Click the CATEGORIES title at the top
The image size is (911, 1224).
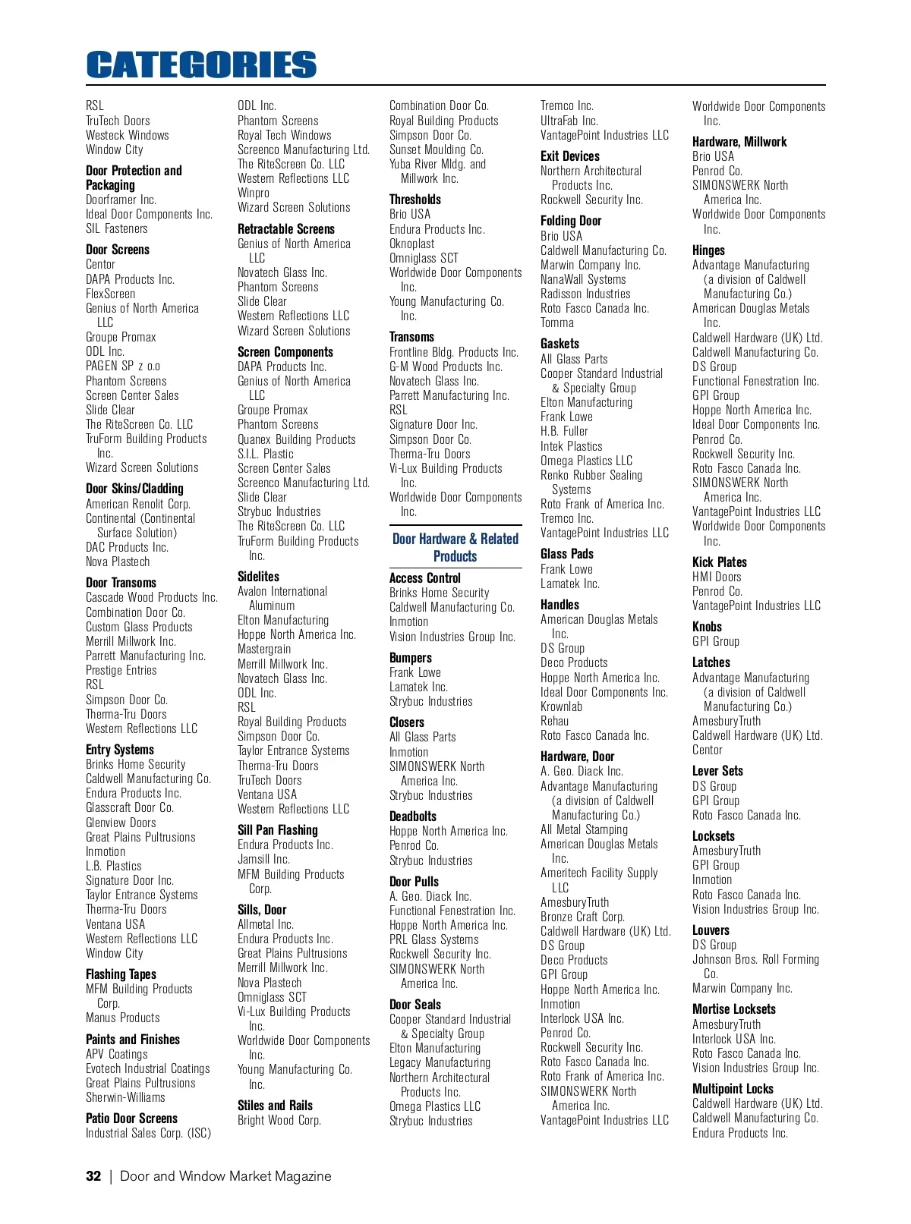[x=201, y=65]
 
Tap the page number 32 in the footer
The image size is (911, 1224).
[x=93, y=1176]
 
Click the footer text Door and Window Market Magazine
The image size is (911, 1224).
[x=225, y=1176]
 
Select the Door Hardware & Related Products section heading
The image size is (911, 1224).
[x=455, y=547]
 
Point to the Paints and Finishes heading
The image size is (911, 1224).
[x=133, y=1040]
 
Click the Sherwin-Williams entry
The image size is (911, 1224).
[x=125, y=1097]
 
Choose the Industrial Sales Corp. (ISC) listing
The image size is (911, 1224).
[x=148, y=1133]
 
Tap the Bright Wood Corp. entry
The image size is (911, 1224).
[x=279, y=1120]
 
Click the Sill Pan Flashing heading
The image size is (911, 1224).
[x=278, y=830]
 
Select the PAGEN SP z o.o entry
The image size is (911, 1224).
[x=123, y=366]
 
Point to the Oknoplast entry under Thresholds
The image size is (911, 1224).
[x=412, y=244]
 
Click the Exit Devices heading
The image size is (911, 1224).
[x=570, y=156]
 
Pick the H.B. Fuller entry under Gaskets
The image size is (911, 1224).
[x=564, y=431]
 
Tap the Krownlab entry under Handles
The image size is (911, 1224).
[x=562, y=706]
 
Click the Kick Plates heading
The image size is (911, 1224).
[x=720, y=562]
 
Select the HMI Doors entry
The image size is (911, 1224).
[x=717, y=577]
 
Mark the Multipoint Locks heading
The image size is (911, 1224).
[x=733, y=1089]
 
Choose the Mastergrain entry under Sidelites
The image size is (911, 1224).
[x=264, y=649]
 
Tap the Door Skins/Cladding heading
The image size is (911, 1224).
[x=134, y=489]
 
